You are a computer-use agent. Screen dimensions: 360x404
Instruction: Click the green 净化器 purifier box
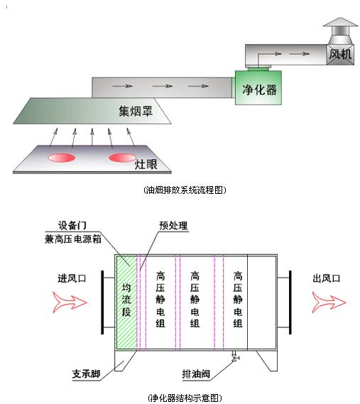[258, 87]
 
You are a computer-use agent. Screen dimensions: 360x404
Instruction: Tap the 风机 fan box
[340, 55]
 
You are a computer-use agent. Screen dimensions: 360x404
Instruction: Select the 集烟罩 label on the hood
[136, 111]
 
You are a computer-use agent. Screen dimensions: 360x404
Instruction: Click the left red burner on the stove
[62, 158]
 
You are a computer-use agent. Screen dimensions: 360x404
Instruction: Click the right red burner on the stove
[122, 158]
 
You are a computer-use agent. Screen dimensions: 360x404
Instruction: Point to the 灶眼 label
[146, 165]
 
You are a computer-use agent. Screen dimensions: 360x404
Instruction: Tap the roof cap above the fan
[340, 31]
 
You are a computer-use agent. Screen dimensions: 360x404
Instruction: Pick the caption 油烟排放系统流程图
[185, 190]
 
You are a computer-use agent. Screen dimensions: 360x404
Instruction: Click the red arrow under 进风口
[70, 302]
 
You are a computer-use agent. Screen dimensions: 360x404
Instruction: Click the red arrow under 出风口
[329, 302]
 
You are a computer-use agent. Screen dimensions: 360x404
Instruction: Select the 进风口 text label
[72, 278]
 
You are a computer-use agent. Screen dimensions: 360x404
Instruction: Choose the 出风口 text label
[327, 278]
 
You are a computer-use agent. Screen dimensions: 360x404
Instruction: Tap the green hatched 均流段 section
[126, 302]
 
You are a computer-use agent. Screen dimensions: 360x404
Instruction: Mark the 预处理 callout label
[173, 226]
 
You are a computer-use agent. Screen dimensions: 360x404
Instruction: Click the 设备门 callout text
[72, 226]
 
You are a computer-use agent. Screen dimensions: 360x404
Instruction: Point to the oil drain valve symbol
[234, 357]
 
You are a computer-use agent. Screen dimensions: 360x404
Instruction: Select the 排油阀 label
[196, 374]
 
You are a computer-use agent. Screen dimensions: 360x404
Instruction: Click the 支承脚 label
[86, 374]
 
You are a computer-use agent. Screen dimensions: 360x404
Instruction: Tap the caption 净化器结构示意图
[185, 398]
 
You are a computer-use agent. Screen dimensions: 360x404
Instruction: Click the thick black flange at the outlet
[290, 302]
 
